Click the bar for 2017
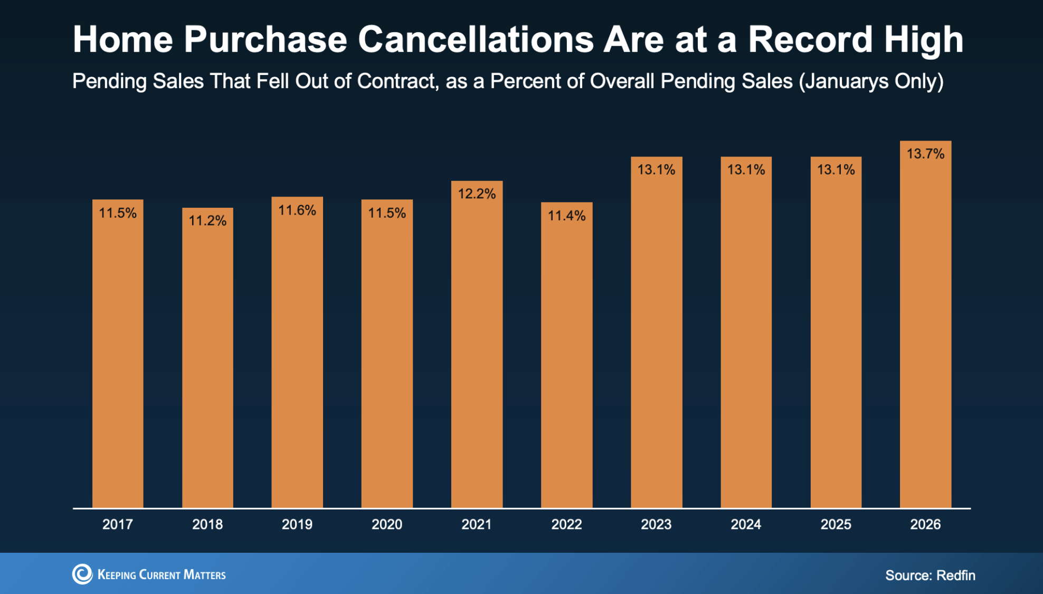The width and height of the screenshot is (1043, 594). point(118,354)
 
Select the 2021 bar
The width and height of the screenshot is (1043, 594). point(477,344)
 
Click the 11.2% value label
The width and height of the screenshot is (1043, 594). point(207,220)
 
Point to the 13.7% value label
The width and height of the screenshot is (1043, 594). point(925,154)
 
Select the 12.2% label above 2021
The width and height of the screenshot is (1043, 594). point(477,194)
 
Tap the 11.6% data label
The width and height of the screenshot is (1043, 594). point(297,210)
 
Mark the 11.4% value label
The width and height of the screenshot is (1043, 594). point(566,216)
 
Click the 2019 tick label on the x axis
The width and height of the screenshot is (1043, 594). point(297,524)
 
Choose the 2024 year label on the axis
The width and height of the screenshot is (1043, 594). point(746,524)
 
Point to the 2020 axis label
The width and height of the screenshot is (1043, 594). point(387,524)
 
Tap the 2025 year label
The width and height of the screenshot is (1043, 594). point(836,524)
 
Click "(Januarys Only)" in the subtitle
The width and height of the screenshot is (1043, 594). point(871,81)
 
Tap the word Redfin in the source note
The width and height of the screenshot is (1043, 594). point(956,575)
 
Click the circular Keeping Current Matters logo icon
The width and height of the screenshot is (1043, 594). point(82,574)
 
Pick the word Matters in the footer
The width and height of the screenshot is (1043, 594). point(204,575)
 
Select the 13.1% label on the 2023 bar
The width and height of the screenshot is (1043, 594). point(656,170)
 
